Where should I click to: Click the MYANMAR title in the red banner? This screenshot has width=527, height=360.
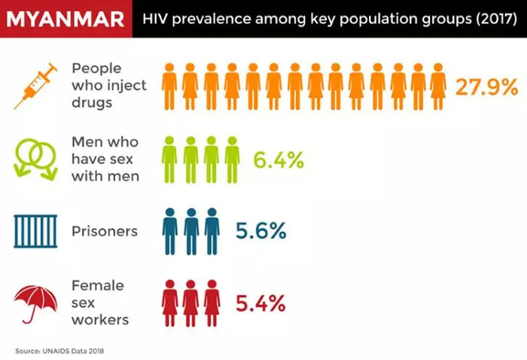tap(65, 19)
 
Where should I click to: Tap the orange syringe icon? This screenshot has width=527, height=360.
tap(35, 87)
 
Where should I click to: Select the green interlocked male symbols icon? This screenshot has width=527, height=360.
tap(35, 159)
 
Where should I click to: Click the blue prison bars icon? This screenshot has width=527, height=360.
tap(35, 231)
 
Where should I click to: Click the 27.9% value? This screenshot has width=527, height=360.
tap(486, 87)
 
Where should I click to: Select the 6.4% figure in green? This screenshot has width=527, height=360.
tap(279, 160)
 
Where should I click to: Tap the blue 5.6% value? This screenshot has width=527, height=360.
tap(260, 231)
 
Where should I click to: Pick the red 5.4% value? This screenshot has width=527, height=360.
tap(260, 304)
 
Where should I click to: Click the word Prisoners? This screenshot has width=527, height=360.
tap(105, 231)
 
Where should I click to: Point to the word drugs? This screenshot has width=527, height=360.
tap(92, 102)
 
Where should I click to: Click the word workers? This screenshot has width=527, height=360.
tap(100, 319)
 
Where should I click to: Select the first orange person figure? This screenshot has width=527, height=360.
tap(169, 87)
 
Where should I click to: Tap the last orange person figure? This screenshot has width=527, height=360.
tap(438, 87)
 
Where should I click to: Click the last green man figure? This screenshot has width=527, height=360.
tap(232, 160)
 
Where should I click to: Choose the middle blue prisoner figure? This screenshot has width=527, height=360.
tap(191, 232)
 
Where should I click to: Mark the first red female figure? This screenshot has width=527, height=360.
tap(170, 304)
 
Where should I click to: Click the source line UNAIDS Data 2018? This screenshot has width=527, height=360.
tap(59, 351)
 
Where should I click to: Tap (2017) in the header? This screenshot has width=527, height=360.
tap(496, 19)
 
